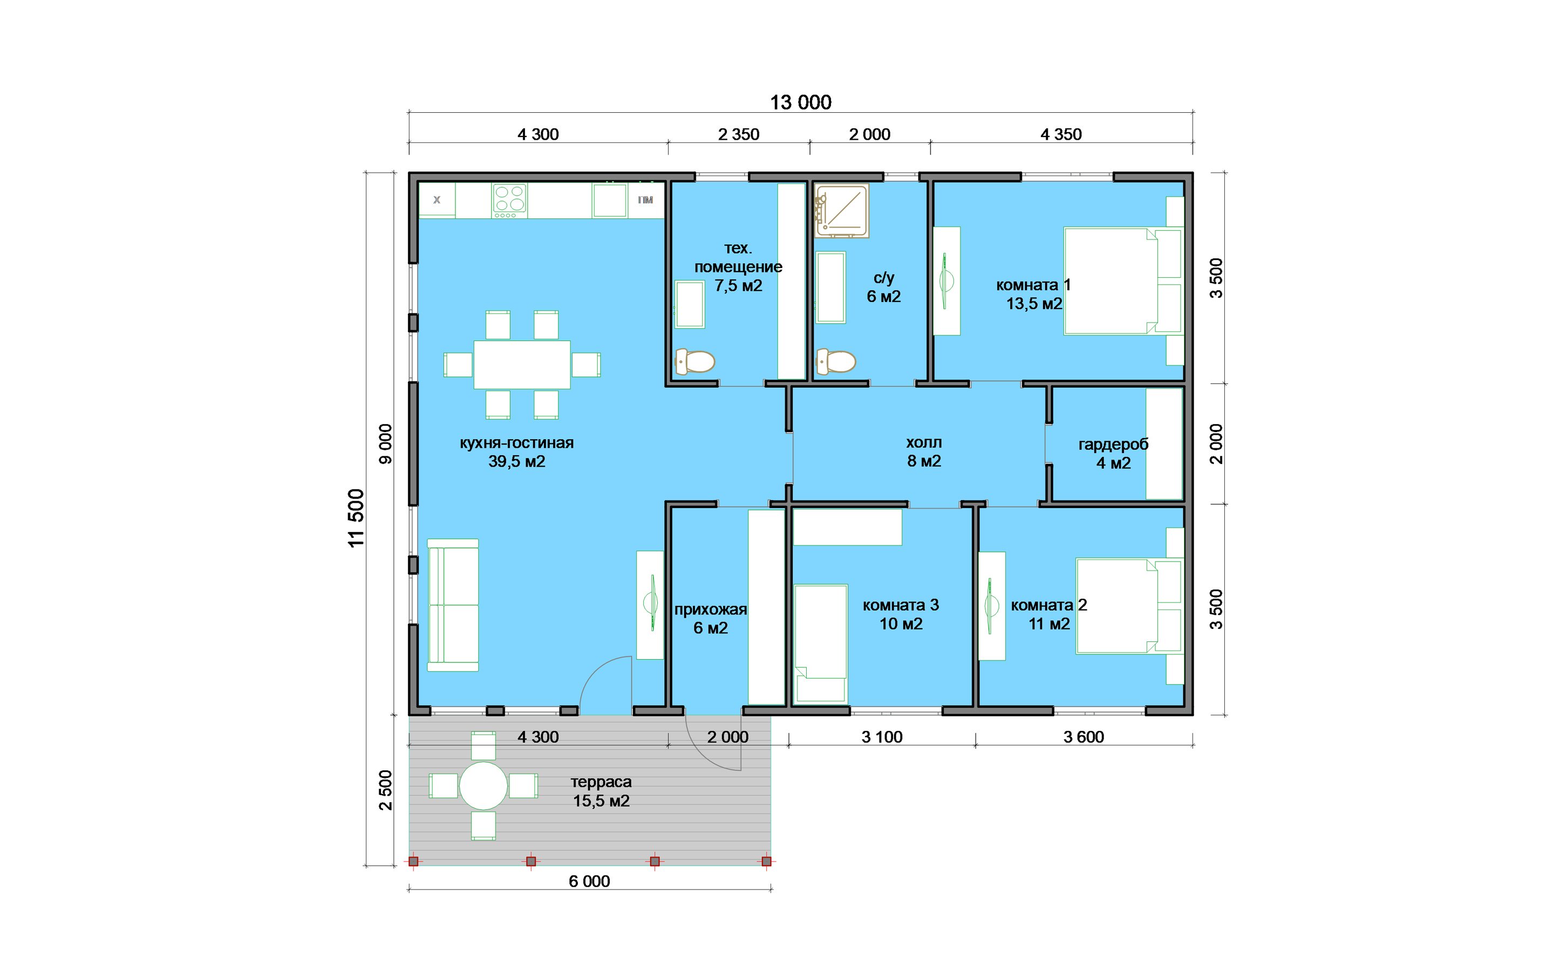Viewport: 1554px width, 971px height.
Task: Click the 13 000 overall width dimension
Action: [x=800, y=102]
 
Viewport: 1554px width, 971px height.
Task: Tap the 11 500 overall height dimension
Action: [x=356, y=518]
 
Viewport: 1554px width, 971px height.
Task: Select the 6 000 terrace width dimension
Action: [x=589, y=881]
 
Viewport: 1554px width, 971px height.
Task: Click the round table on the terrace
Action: [x=483, y=785]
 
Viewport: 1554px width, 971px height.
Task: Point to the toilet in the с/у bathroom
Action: [x=835, y=361]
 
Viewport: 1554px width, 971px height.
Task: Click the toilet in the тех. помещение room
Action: [x=695, y=361]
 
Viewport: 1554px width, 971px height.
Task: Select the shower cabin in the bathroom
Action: [x=842, y=210]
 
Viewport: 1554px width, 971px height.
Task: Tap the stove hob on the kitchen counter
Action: [x=509, y=200]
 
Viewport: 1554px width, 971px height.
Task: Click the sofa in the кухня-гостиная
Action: [x=453, y=605]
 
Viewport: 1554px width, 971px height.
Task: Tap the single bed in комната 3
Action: [x=821, y=644]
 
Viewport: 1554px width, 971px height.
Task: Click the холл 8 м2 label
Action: [x=924, y=452]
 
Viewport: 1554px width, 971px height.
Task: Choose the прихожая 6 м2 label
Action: [x=710, y=618]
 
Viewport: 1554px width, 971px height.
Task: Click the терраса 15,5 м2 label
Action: [x=601, y=791]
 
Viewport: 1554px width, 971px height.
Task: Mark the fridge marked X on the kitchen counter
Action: [x=437, y=200]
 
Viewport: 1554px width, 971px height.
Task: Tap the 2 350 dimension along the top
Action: [x=739, y=134]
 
